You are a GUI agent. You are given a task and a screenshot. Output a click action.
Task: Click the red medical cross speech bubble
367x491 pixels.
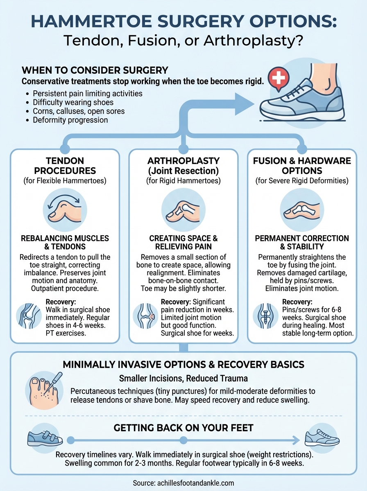pos(277,77)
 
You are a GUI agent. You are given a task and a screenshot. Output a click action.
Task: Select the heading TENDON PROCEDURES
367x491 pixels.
pos(65,166)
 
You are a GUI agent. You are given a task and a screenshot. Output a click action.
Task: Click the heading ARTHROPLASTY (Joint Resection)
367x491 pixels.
pos(183,166)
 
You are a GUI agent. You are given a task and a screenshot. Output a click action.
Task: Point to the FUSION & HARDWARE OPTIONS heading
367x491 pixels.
pos(302,166)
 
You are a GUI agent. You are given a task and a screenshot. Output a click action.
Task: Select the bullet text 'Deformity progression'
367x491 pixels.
pos(70,120)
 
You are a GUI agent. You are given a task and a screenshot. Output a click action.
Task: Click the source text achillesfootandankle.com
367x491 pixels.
pos(183,482)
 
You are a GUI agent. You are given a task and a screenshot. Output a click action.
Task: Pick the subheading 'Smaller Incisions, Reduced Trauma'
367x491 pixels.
pos(183,378)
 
